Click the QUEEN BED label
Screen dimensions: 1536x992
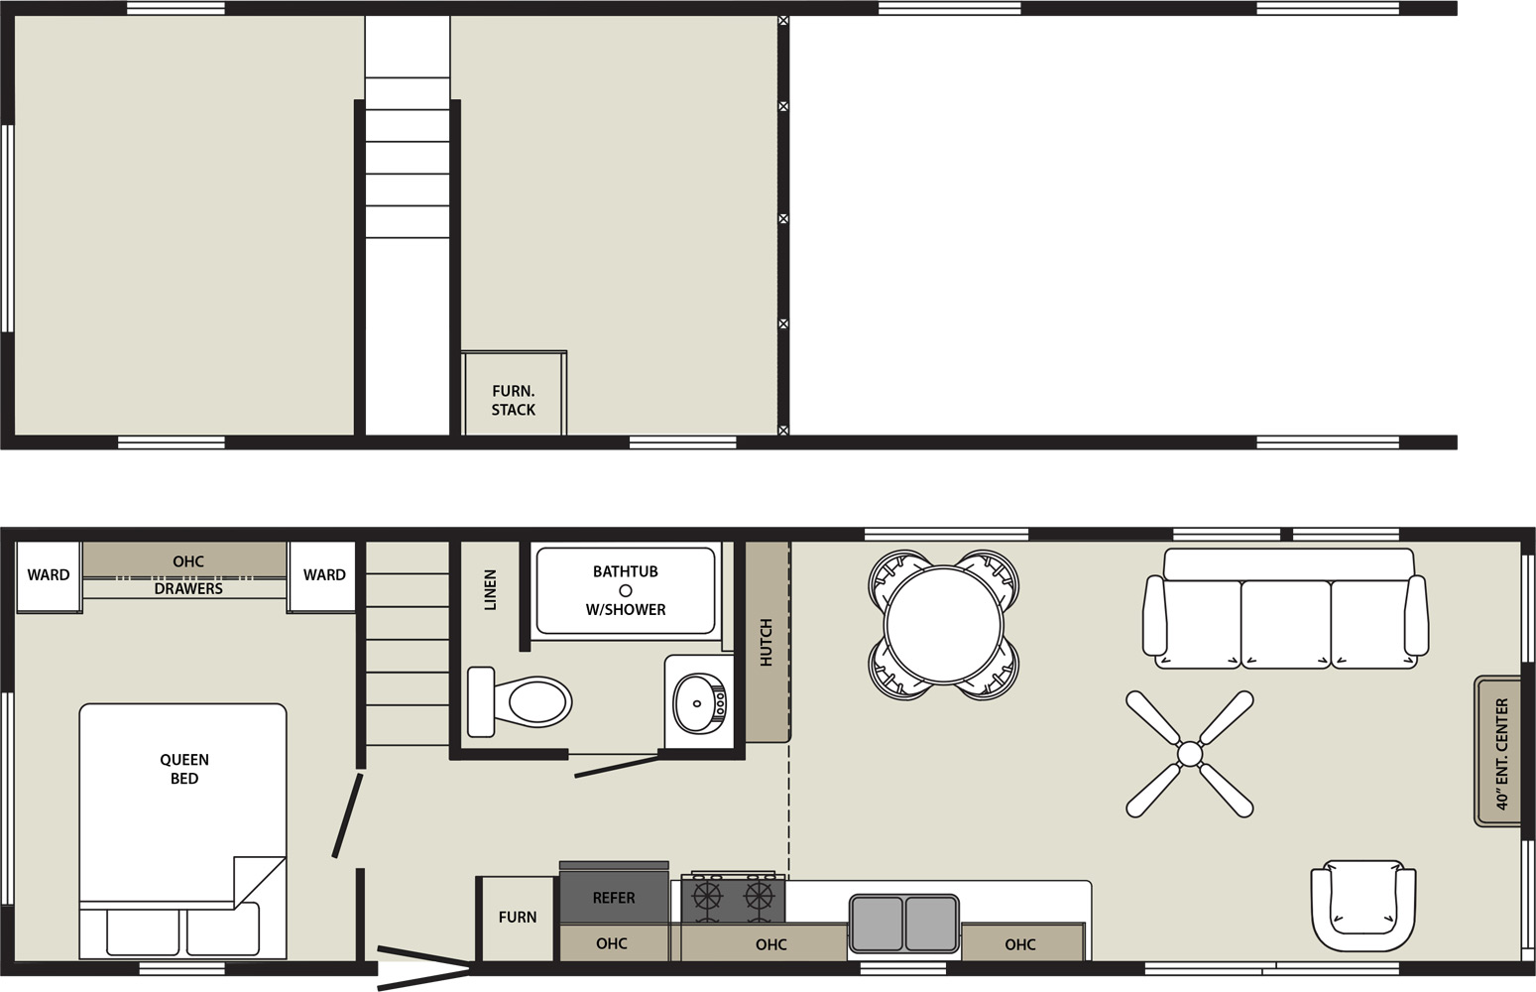click(x=183, y=769)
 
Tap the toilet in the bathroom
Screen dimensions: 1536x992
click(x=519, y=701)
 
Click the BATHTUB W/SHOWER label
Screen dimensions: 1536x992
click(x=626, y=590)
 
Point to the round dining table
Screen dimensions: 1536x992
click(x=944, y=625)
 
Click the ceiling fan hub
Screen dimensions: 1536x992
click(x=1190, y=754)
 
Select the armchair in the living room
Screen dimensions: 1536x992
click(x=1363, y=906)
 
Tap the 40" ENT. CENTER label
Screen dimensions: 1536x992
click(x=1501, y=754)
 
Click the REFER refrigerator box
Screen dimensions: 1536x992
click(x=614, y=892)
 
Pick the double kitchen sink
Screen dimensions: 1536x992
click(x=903, y=924)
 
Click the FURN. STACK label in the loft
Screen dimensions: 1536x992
click(x=513, y=401)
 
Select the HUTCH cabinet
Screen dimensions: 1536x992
click(x=768, y=642)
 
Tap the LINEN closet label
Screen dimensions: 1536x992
click(x=490, y=589)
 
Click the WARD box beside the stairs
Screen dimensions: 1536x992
click(x=321, y=575)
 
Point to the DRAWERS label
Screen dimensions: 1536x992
click(x=188, y=588)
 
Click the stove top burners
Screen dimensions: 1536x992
click(x=733, y=898)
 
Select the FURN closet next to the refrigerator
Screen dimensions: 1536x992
click(x=517, y=918)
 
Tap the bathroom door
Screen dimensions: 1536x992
click(x=617, y=766)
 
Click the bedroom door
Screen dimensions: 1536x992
click(x=348, y=815)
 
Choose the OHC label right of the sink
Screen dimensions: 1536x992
click(x=1019, y=944)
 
